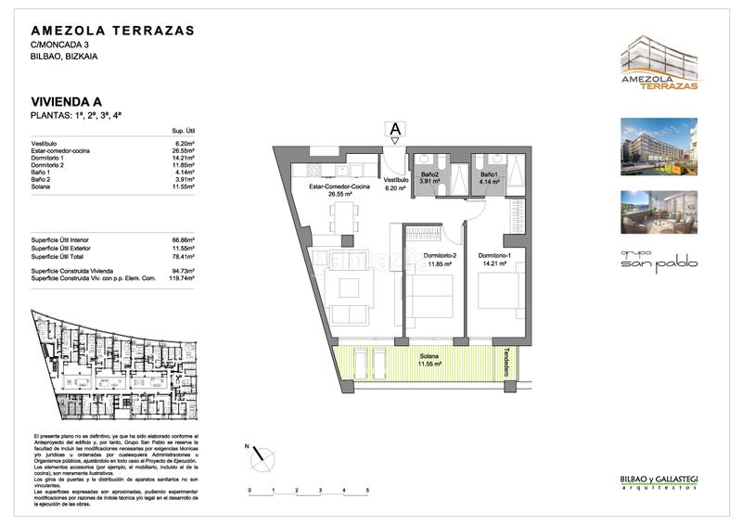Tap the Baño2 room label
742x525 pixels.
pyautogui.click(x=429, y=175)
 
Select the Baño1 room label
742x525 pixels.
pyautogui.click(x=489, y=175)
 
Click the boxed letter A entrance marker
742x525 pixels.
pyautogui.click(x=395, y=129)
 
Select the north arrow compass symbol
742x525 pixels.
pyautogui.click(x=265, y=455)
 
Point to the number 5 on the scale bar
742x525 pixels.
pyautogui.click(x=367, y=489)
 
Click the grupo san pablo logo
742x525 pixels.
pyautogui.click(x=659, y=260)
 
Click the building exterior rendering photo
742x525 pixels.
pyautogui.click(x=659, y=145)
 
